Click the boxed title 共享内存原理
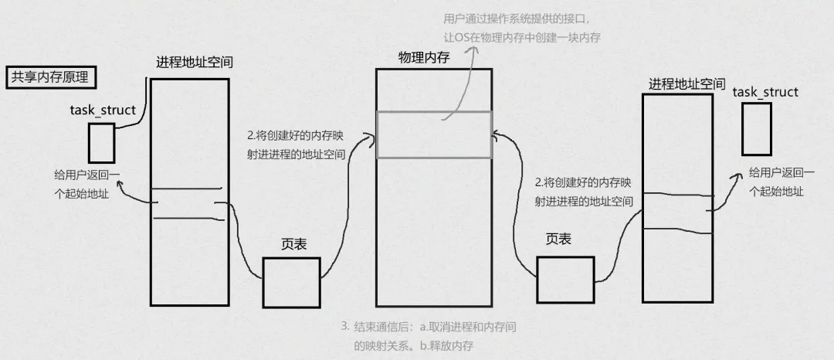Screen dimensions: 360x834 49,78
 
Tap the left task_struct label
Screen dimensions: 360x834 103,110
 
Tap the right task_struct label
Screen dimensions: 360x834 764,92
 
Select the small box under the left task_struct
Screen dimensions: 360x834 101,142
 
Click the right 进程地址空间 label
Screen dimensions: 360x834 687,83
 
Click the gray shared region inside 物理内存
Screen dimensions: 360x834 433,134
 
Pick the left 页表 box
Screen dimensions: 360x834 291,282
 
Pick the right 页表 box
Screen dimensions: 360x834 565,280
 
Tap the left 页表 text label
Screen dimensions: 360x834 294,245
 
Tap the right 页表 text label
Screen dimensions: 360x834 558,240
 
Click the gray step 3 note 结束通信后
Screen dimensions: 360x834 429,336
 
